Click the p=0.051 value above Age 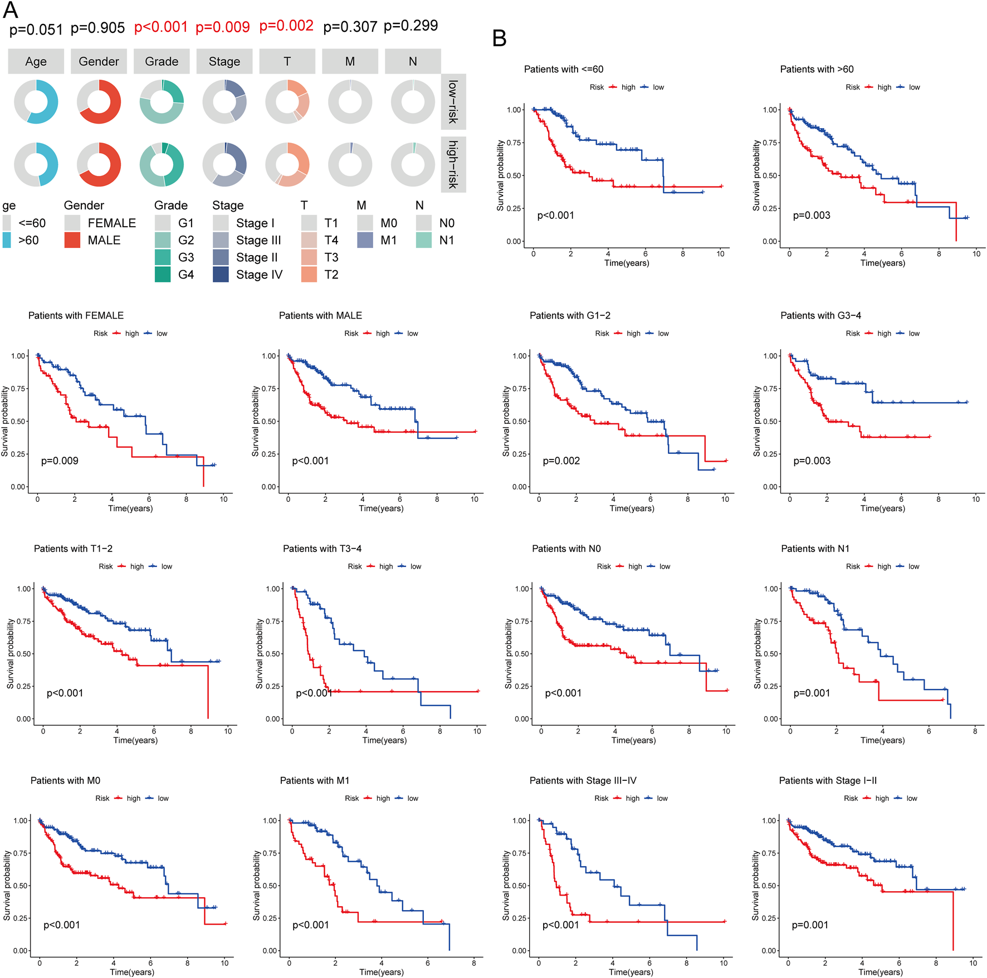tap(36, 29)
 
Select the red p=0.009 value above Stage tap(223, 27)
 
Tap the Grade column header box tap(162, 61)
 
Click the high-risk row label tap(453, 164)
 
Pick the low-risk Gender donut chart tap(99, 102)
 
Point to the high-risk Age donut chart tap(36, 164)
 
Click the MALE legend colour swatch tap(72, 240)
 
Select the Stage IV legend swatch tap(221, 275)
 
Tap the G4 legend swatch tap(163, 275)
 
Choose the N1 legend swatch tap(424, 240)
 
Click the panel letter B tap(499, 38)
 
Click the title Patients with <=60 tap(564, 69)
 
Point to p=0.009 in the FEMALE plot tap(60, 461)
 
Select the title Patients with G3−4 tap(820, 315)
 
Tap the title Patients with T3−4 tap(322, 549)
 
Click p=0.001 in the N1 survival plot tap(812, 693)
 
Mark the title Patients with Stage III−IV tap(583, 780)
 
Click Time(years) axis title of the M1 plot tap(382, 972)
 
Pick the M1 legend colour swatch tap(365, 240)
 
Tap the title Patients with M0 tap(65, 780)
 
